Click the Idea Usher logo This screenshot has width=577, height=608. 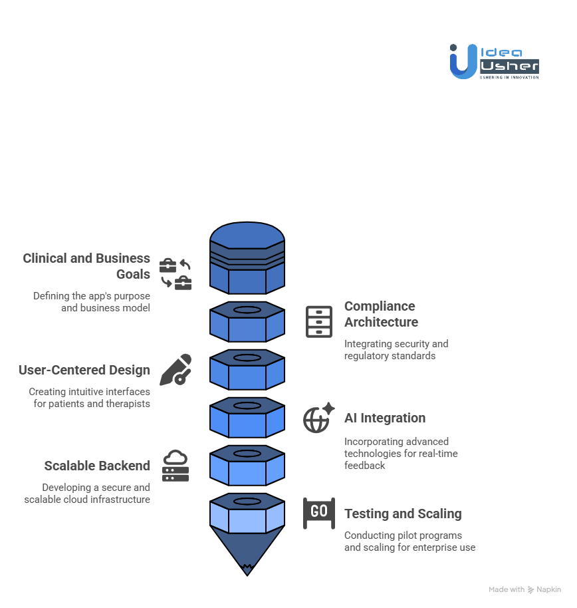point(494,61)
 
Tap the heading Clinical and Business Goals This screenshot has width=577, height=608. point(86,266)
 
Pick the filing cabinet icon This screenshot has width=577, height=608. point(318,322)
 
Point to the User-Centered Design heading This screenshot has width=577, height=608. point(84,370)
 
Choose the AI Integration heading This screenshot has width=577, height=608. point(384,418)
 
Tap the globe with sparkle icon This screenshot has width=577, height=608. point(318,418)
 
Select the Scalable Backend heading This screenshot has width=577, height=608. point(97,466)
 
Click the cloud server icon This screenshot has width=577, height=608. point(175,466)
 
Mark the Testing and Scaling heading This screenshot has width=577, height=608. point(403,514)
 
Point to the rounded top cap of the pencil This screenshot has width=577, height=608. point(247,234)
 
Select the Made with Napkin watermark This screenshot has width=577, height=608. point(524,589)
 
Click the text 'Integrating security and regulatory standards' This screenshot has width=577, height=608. point(396,350)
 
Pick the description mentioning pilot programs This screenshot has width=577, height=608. point(409,541)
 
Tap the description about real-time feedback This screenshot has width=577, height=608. point(401,454)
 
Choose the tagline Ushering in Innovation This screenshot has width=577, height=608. point(509,77)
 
